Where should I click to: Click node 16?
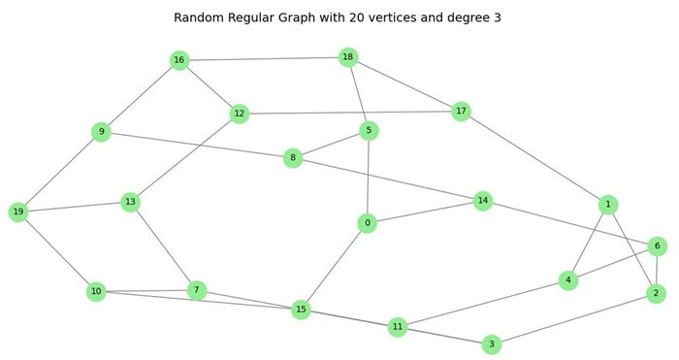[178, 60]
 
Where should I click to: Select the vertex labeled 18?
[348, 57]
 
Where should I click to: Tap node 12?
[240, 114]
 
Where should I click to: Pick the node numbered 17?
[461, 112]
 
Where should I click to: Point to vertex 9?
[101, 131]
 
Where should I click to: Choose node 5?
[368, 130]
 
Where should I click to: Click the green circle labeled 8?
[293, 157]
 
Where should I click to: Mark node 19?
[18, 212]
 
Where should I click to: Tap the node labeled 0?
[366, 223]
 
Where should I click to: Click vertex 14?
[483, 201]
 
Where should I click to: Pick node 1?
[608, 204]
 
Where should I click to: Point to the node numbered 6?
[658, 245]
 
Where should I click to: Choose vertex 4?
[568, 280]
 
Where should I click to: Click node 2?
[656, 293]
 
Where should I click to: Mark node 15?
[302, 310]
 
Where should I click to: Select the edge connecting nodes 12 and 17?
[350, 113]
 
